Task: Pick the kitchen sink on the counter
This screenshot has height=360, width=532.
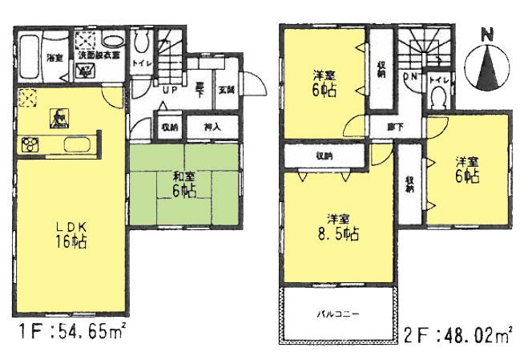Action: coord(58,120)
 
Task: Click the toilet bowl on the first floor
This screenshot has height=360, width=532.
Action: coord(143,45)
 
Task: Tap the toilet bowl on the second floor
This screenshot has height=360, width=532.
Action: coord(438,96)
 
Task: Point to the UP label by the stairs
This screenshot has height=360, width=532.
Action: coord(171,90)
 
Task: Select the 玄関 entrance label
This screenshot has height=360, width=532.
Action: coord(227,90)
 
